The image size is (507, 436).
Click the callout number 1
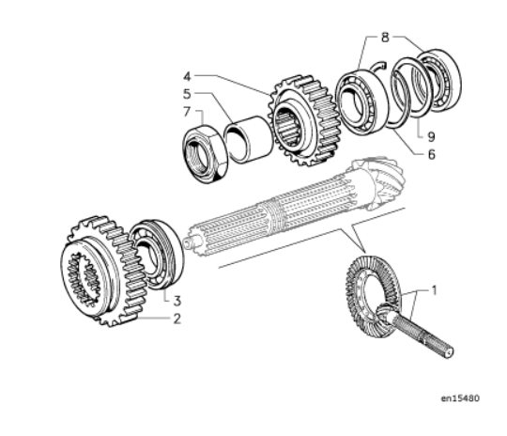pyautogui.click(x=435, y=290)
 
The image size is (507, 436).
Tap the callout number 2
pyautogui.click(x=177, y=319)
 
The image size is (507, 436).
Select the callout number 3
pyautogui.click(x=177, y=301)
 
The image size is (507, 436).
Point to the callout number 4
pyautogui.click(x=187, y=77)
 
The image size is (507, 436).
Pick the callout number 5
pyautogui.click(x=187, y=94)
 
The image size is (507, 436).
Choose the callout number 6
pyautogui.click(x=431, y=154)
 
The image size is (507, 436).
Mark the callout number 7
pyautogui.click(x=187, y=112)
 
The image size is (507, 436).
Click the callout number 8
pyautogui.click(x=385, y=38)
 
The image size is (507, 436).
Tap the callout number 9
pyautogui.click(x=431, y=137)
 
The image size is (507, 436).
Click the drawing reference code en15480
pyautogui.click(x=460, y=398)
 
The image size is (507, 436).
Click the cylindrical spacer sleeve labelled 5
pyautogui.click(x=249, y=140)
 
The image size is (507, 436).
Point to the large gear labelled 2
pyautogui.click(x=103, y=272)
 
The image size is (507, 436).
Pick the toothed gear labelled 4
pyautogui.click(x=303, y=120)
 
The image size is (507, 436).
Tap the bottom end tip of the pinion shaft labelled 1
pyautogui.click(x=450, y=352)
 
